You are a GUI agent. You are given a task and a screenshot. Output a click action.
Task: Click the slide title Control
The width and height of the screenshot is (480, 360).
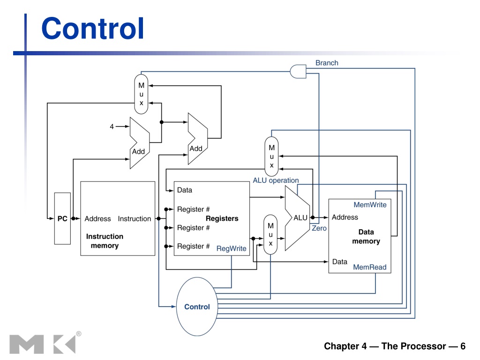point(92,29)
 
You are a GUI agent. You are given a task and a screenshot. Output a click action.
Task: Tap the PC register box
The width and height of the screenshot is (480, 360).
point(62,218)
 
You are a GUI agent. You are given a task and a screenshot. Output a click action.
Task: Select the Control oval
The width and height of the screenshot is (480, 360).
point(197,307)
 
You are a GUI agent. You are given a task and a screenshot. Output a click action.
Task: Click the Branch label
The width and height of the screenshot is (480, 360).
point(327,63)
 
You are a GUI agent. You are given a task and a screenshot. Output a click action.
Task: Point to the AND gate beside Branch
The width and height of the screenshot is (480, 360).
point(298,71)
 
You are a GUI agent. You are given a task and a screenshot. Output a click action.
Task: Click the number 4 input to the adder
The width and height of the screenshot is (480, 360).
point(112,127)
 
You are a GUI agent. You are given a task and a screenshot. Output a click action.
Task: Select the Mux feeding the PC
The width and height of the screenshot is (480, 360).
point(141,94)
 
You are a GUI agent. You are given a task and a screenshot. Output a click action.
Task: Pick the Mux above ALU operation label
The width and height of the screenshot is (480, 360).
point(271,157)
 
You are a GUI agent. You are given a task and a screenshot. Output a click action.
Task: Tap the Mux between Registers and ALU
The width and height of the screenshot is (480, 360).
point(270,234)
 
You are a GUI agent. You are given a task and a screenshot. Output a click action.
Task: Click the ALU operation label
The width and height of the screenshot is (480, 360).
point(276,180)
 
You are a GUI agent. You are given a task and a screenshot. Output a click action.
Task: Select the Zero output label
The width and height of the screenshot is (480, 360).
point(319,228)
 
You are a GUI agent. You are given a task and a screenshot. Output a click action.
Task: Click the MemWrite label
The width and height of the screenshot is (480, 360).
point(370,205)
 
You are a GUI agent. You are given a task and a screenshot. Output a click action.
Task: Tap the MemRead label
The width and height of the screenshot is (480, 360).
point(369,267)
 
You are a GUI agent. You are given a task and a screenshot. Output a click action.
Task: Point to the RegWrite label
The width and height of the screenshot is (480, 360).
point(231,248)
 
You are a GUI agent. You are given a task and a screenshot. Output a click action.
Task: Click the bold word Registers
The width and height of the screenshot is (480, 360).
point(222,218)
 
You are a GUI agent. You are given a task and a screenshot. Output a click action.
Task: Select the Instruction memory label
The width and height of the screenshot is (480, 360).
point(105,241)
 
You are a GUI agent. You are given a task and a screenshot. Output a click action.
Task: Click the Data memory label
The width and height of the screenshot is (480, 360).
point(366,236)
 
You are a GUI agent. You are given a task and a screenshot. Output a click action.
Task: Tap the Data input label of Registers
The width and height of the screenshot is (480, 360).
point(185,190)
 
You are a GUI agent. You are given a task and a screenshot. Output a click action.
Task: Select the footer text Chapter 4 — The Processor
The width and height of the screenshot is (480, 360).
point(385,346)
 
